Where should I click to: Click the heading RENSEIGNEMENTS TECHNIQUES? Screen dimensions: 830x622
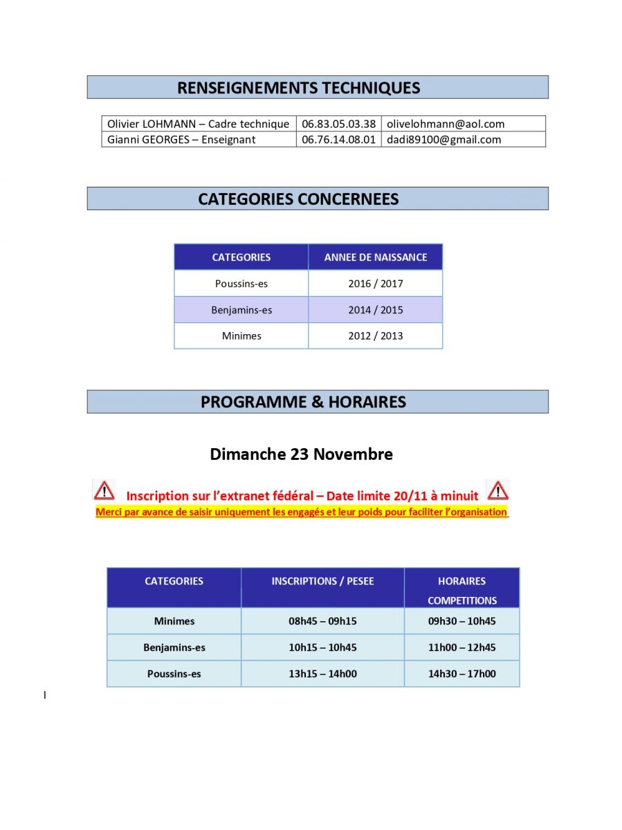point(298,88)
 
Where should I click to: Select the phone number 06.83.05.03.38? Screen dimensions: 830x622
point(339,124)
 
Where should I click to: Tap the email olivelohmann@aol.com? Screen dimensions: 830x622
point(446,124)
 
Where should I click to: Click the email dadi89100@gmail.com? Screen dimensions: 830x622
point(443,140)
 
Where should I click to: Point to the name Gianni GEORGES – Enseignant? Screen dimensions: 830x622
point(181,140)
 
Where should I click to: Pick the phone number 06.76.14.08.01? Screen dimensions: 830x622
point(339,140)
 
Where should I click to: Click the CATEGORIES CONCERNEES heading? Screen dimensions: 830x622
point(298,199)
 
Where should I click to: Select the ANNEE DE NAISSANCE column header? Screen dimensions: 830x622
point(376,257)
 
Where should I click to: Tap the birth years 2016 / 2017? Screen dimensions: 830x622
point(376,284)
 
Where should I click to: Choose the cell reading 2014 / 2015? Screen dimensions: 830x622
point(376,310)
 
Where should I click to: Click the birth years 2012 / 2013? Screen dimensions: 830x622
point(376,336)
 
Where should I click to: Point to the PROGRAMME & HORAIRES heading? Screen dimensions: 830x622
point(303,402)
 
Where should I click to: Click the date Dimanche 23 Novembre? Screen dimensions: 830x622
point(301,454)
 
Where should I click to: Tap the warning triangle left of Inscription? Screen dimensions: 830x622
point(104,490)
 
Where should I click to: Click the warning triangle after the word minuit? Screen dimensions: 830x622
point(497,490)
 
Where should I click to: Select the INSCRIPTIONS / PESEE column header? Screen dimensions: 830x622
point(322,582)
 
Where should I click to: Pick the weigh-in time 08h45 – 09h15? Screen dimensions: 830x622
point(322,621)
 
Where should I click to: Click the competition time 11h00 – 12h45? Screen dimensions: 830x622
point(461,647)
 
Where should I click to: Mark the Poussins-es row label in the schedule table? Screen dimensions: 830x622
point(174,674)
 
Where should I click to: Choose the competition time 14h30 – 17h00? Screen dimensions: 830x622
point(461,674)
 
